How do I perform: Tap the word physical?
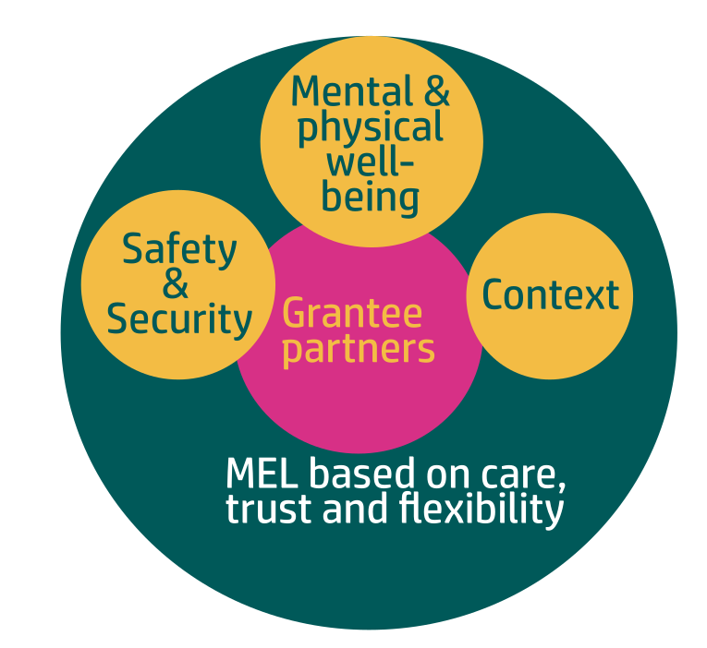[370, 128]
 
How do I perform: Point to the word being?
[371, 198]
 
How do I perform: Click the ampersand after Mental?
[433, 91]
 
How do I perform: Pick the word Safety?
[179, 249]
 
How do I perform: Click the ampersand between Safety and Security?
[176, 284]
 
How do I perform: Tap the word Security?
[179, 319]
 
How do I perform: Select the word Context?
[550, 295]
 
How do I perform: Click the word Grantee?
[352, 314]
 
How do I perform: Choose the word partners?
[358, 350]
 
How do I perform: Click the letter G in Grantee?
[294, 314]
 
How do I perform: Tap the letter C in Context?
[494, 295]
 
